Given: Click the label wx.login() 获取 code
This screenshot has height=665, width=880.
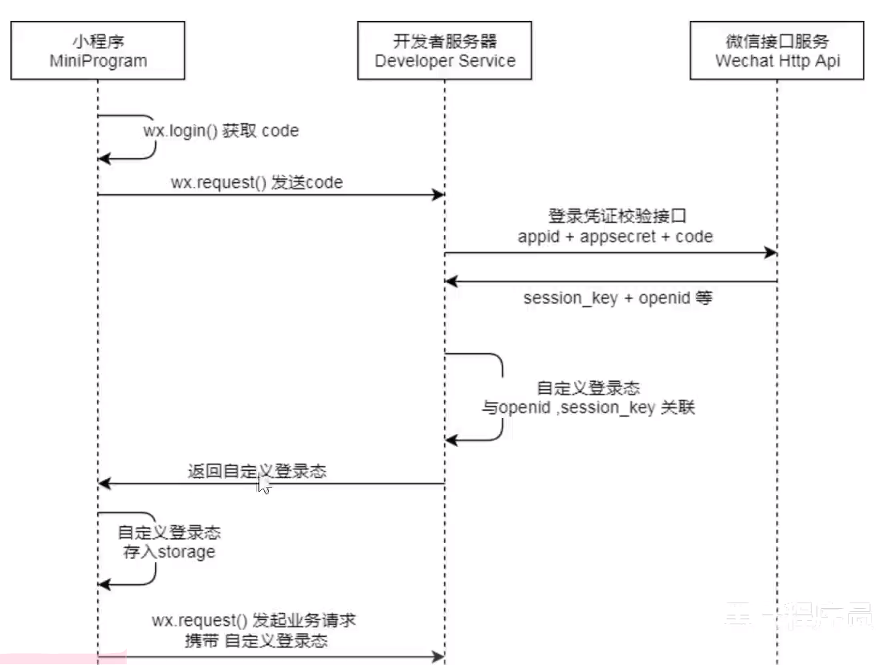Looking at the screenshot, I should (221, 131).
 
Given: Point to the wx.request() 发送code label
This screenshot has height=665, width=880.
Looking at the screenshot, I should (256, 183).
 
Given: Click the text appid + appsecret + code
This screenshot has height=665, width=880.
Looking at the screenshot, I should (615, 237).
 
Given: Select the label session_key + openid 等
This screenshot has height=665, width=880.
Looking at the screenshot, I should (617, 298).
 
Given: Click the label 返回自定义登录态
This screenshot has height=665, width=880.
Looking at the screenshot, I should (257, 472).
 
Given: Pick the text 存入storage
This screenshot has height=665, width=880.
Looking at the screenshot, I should (169, 552).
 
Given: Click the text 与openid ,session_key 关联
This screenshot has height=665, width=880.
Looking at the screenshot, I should (588, 408).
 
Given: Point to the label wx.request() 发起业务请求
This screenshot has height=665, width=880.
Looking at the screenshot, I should (254, 621).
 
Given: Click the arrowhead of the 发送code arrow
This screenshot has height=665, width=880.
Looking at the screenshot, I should (438, 195).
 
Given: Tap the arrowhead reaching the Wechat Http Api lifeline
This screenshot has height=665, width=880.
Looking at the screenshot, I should (771, 253).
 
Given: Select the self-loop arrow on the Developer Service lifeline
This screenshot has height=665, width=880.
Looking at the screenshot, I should (497, 397).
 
